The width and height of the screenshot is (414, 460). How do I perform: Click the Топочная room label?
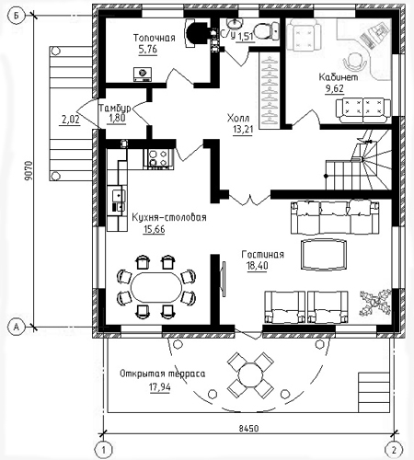(x=155, y=38)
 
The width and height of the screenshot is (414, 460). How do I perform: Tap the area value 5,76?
(x=148, y=49)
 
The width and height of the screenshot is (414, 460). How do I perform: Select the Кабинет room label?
(x=339, y=77)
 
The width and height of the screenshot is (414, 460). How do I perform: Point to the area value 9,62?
(x=335, y=89)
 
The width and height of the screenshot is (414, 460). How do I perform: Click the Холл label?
(x=238, y=118)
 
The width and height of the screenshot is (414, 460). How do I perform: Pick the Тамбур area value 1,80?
(x=117, y=119)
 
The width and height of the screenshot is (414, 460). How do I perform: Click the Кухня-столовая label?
(x=169, y=217)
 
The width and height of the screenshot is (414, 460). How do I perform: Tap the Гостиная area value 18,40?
(x=258, y=266)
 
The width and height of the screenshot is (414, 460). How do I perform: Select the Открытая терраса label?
(x=163, y=374)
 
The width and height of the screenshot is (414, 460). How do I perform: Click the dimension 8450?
(x=248, y=428)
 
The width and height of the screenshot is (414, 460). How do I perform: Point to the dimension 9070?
(x=29, y=171)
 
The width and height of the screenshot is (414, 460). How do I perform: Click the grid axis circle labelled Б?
(x=16, y=16)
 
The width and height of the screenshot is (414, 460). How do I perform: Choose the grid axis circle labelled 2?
(x=394, y=450)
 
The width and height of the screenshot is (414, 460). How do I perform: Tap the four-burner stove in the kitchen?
(x=158, y=158)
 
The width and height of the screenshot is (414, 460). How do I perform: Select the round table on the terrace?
(x=250, y=374)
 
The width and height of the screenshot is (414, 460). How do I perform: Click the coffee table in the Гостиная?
(x=324, y=255)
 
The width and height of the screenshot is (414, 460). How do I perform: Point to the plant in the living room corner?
(x=375, y=303)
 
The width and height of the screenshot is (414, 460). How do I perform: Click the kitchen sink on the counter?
(x=119, y=195)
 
